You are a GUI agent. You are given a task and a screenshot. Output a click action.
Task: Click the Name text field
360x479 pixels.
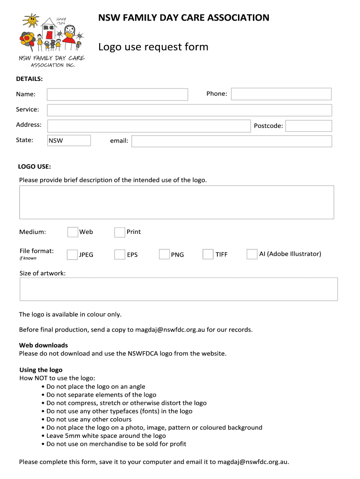click(117, 94)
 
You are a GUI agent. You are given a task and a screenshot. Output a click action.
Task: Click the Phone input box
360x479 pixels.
click(281, 94)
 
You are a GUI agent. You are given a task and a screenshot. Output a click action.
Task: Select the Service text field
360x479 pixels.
click(189, 110)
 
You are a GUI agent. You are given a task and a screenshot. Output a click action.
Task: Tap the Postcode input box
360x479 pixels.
click(308, 126)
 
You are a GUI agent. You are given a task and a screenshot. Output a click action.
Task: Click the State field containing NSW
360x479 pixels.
click(69, 140)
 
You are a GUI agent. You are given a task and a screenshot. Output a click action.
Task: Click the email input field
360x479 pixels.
click(231, 141)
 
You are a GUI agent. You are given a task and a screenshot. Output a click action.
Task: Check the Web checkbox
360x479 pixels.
click(72, 232)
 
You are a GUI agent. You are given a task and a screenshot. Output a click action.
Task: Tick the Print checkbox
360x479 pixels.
click(120, 232)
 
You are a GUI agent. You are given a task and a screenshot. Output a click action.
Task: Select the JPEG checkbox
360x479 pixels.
click(72, 254)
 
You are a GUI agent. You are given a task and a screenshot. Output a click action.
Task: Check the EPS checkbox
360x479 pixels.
click(120, 254)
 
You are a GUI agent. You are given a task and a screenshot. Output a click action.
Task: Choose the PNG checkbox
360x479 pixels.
click(164, 254)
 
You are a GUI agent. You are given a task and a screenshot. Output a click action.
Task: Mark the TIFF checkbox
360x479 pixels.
click(208, 254)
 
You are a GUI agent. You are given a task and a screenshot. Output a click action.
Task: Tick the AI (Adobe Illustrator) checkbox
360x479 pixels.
click(252, 254)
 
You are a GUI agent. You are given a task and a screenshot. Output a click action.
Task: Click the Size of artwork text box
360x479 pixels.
click(178, 289)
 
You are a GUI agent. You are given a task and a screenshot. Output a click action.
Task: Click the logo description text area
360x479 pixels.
click(176, 202)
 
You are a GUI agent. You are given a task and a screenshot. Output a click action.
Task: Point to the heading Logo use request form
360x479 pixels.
click(153, 47)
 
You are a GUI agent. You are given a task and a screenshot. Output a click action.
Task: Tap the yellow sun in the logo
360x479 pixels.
click(32, 20)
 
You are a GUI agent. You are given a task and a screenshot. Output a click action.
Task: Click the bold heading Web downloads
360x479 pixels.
click(43, 345)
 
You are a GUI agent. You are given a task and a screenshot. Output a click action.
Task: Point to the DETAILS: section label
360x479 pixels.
click(29, 79)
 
